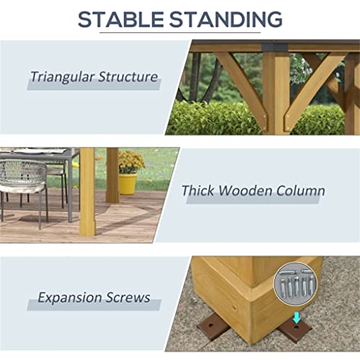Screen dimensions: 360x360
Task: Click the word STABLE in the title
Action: [120, 19]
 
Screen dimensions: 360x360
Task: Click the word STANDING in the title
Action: [226, 19]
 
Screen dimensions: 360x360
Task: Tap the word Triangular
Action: [62, 77]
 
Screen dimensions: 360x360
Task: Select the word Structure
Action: [128, 77]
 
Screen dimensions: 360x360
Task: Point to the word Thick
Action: [198, 191]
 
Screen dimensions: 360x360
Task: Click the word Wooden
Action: [245, 191]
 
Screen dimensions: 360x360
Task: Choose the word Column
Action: [301, 191]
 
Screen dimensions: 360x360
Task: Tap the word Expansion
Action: [70, 298]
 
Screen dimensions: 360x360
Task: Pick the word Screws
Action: [128, 297]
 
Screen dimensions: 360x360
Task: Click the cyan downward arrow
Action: [297, 317]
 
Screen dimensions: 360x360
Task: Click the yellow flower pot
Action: [128, 184]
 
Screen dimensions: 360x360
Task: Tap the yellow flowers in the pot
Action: [131, 161]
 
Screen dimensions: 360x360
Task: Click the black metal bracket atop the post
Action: [275, 47]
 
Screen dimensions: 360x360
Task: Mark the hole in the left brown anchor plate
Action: [211, 325]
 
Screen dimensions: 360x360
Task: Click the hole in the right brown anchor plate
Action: [297, 327]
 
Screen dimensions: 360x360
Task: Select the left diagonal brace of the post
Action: [243, 89]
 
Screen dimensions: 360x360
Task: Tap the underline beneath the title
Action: [180, 32]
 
